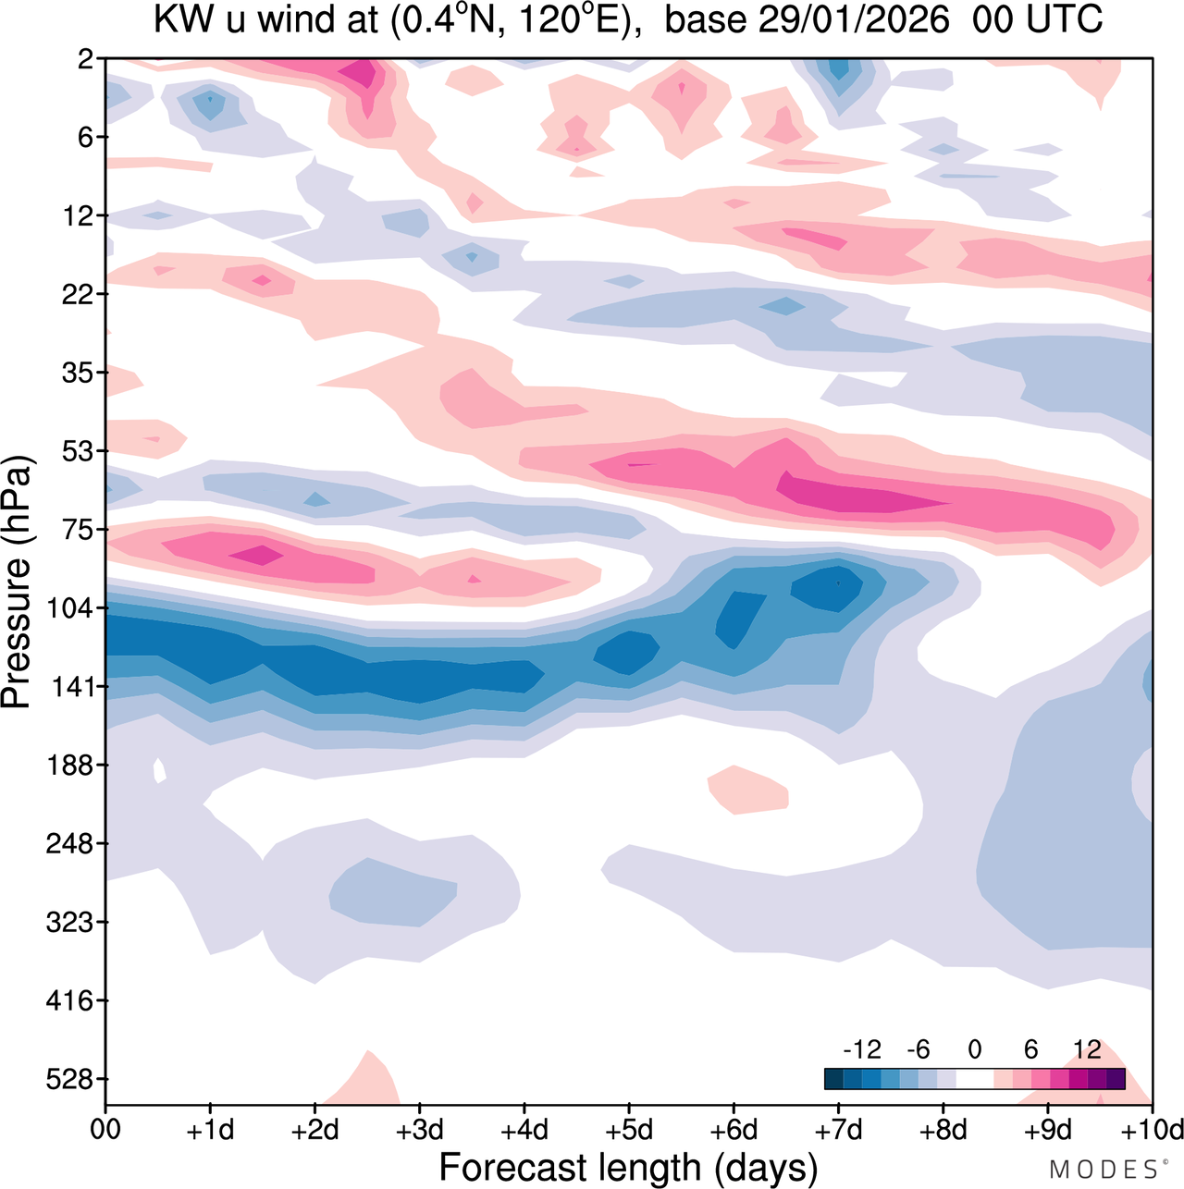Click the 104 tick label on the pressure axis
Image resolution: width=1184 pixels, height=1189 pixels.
pyautogui.click(x=69, y=608)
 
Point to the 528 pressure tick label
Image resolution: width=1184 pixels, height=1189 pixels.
pyautogui.click(x=69, y=1079)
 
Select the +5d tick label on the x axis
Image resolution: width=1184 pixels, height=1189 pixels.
pyautogui.click(x=629, y=1130)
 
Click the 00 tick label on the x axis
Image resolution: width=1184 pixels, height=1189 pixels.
pyautogui.click(x=105, y=1130)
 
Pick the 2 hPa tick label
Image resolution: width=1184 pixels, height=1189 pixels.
pyautogui.click(x=86, y=59)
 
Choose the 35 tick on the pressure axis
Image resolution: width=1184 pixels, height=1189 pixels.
pyautogui.click(x=77, y=373)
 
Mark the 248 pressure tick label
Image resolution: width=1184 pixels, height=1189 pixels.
pyautogui.click(x=69, y=844)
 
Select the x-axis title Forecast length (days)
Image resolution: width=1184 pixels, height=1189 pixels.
pyautogui.click(x=628, y=1167)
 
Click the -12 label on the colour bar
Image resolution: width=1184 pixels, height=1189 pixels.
pyautogui.click(x=862, y=1049)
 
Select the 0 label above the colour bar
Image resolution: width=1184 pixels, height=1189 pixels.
pyautogui.click(x=974, y=1049)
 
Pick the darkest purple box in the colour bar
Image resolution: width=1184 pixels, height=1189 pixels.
pyautogui.click(x=1116, y=1079)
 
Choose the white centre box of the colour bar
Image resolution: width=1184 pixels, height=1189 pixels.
pyautogui.click(x=974, y=1079)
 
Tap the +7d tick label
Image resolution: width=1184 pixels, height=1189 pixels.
pyautogui.click(x=839, y=1130)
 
